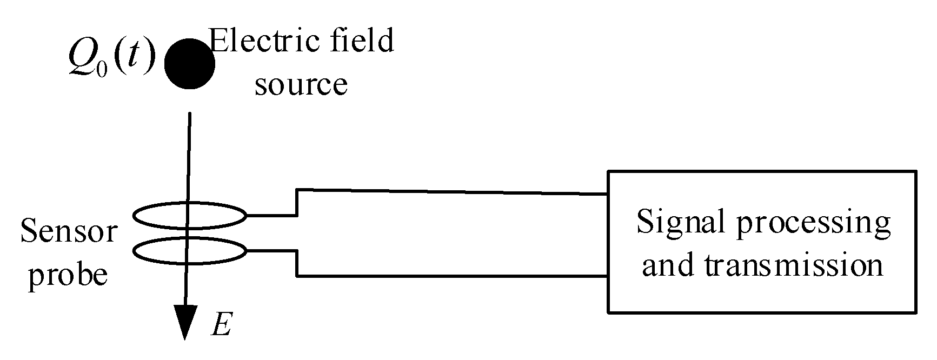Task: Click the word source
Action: (301, 85)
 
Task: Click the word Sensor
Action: (69, 231)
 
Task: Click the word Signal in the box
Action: (682, 223)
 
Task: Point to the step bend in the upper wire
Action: (297, 203)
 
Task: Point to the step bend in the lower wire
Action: (297, 264)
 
